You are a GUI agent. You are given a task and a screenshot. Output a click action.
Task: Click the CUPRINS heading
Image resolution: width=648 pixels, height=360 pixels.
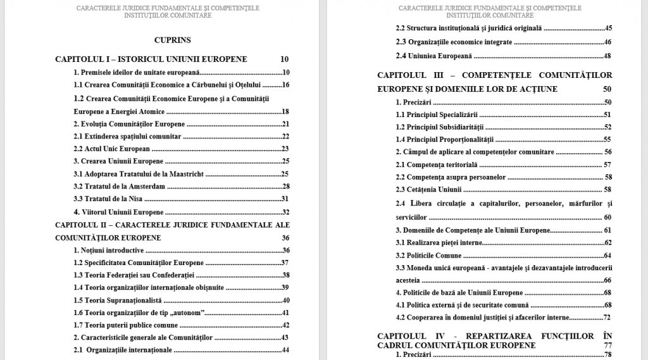(172, 40)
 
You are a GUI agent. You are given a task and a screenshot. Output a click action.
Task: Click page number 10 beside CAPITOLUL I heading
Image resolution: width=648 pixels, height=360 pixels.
(284, 59)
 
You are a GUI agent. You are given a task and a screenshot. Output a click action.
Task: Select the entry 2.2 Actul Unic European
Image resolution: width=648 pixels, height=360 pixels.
(112, 149)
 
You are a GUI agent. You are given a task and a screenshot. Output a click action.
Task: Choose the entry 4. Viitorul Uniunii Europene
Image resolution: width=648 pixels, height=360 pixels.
(118, 212)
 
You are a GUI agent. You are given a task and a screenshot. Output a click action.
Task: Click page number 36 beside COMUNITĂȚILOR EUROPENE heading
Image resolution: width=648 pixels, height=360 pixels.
(285, 238)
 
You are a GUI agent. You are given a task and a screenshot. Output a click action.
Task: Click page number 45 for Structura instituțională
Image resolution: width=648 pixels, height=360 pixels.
(608, 28)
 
